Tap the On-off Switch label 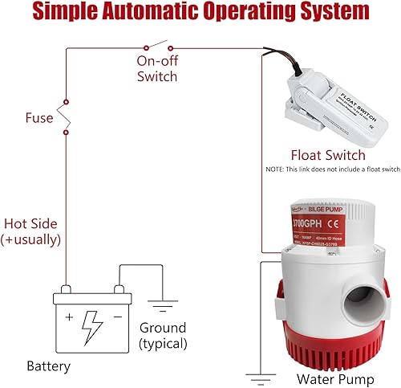[156, 69]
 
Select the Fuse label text [38, 118]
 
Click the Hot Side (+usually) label [31, 230]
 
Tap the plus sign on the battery [69, 316]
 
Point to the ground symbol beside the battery [163, 304]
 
